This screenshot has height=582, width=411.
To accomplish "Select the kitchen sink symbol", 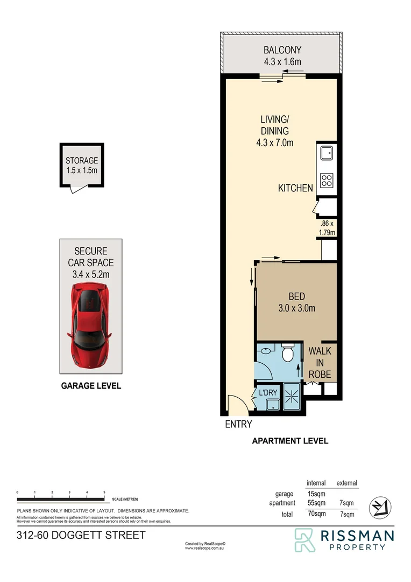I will (326, 154).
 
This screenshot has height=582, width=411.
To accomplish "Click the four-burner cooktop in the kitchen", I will (326, 180).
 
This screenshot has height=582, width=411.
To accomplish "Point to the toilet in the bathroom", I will (287, 354).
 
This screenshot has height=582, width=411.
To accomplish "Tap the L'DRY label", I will (268, 393).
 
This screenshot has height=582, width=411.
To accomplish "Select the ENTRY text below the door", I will (238, 425).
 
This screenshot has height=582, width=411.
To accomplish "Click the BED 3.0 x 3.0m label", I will (296, 302).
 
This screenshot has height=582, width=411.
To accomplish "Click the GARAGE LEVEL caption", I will (91, 386).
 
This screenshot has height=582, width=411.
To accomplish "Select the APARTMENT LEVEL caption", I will (290, 441).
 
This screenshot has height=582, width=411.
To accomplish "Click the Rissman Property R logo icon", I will (305, 540).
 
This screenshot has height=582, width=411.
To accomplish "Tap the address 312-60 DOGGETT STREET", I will (81, 536).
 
